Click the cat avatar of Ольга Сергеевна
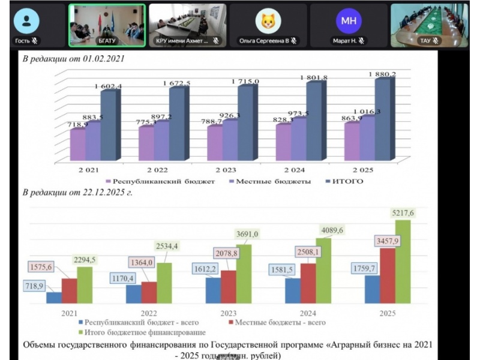pyautogui.click(x=268, y=22)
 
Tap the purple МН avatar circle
pyautogui.click(x=349, y=22)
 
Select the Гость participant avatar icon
pyautogui.click(x=26, y=21)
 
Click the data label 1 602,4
pyautogui.click(x=109, y=87)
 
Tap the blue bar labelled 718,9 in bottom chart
pyautogui.click(x=54, y=298)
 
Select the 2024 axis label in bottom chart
pyautogui.click(x=308, y=313)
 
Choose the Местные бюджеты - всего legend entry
pyautogui.click(x=277, y=322)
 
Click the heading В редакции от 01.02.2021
pyautogui.click(x=74, y=59)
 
